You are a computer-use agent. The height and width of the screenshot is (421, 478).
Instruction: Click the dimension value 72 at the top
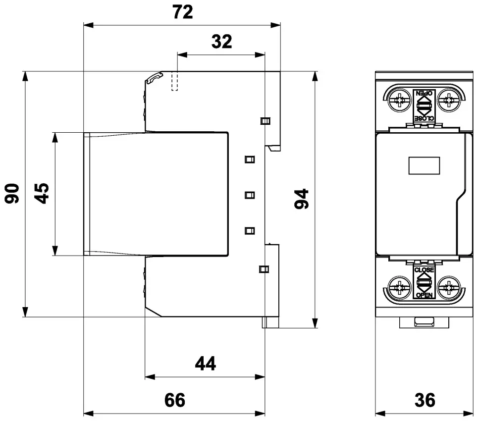coord(183,12)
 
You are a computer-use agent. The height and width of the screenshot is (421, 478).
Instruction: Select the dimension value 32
coord(221,42)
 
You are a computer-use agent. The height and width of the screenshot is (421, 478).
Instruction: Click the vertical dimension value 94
coord(302,199)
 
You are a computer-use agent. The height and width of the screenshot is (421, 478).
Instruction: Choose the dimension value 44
coord(205,364)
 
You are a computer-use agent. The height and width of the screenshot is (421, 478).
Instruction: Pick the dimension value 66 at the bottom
coord(174,400)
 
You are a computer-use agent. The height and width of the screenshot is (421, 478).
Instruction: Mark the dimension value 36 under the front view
coord(425,400)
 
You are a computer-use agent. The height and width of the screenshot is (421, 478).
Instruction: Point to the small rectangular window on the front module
coord(424,165)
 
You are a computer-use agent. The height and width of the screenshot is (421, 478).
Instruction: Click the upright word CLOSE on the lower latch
coord(424,270)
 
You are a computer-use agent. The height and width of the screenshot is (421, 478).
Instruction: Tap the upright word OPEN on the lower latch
coord(424,295)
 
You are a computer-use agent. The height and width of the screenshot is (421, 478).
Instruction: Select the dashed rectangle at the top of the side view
coord(174,82)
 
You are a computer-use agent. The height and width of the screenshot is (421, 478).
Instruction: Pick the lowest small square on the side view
coord(264,269)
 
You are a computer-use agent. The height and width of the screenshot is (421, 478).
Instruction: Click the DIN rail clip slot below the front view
coord(424,323)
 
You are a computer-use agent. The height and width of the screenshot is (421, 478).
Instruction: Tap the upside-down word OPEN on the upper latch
coord(424,93)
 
